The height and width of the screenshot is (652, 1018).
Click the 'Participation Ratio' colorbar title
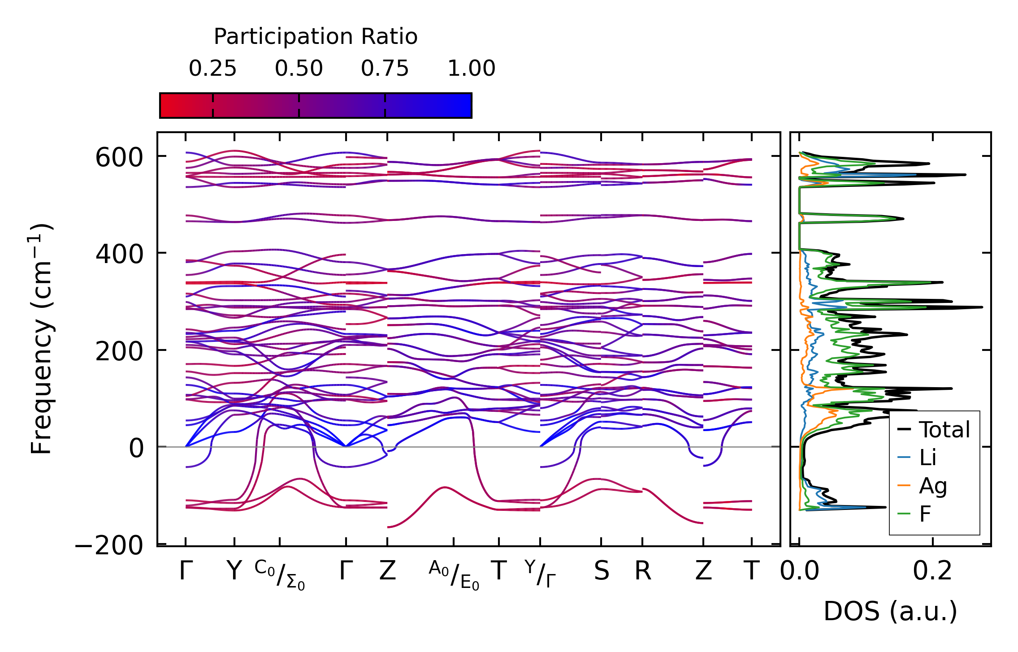[x=316, y=37]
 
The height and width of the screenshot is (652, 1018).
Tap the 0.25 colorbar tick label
[x=212, y=69]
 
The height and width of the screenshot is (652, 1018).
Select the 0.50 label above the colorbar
[x=299, y=69]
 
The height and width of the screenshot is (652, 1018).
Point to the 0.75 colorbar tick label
[x=385, y=69]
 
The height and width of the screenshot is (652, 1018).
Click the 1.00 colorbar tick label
[x=471, y=69]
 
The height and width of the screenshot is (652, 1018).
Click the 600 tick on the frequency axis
[x=119, y=158]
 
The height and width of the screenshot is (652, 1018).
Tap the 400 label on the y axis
[x=119, y=255]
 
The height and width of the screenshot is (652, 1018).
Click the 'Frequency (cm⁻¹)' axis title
[x=42, y=339]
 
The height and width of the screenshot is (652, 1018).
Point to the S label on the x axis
[x=601, y=571]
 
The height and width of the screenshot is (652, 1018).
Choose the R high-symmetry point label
[x=642, y=571]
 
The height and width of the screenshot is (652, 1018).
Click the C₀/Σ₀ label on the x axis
[x=280, y=575]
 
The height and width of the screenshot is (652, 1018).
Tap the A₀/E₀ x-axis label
[x=454, y=575]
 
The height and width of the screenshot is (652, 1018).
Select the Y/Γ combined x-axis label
[x=540, y=574]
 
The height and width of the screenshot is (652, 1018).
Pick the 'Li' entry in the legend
[x=927, y=458]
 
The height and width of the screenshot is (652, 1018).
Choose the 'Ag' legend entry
[x=932, y=486]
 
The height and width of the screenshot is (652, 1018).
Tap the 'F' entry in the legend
[x=925, y=514]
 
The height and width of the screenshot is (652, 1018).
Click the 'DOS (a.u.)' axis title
[x=890, y=612]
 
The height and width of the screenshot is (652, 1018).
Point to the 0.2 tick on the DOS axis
[x=932, y=571]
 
